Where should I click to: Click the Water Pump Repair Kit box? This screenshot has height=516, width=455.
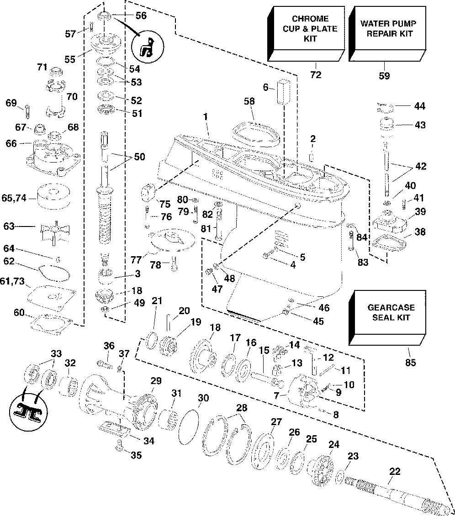click(387, 34)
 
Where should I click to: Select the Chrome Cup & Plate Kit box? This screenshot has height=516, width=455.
click(306, 34)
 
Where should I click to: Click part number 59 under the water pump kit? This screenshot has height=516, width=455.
click(384, 76)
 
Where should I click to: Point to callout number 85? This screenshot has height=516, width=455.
click(411, 362)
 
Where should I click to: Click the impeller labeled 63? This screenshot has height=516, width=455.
click(55, 230)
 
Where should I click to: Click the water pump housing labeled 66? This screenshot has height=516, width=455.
click(53, 156)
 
